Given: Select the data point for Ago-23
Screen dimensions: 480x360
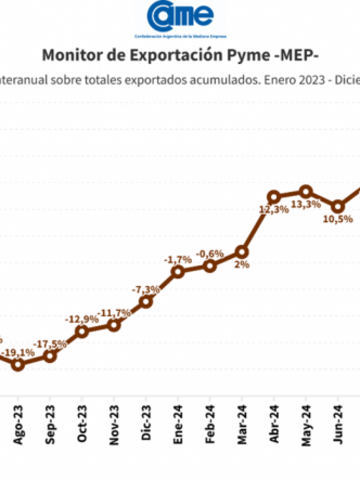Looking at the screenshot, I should (x=18, y=365).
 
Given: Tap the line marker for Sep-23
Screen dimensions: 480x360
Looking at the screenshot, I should (x=49, y=356).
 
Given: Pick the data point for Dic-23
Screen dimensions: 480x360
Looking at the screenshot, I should (x=145, y=301).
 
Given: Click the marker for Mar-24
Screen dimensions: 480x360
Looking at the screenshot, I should (x=242, y=251).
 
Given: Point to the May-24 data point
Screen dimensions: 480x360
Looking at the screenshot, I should (x=306, y=191).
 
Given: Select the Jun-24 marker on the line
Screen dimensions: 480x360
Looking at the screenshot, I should (x=338, y=206).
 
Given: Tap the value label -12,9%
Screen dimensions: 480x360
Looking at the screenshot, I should (x=82, y=319).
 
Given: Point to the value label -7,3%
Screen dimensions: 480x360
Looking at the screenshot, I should (x=145, y=289).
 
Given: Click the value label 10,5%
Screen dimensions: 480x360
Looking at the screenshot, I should (x=338, y=218).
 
